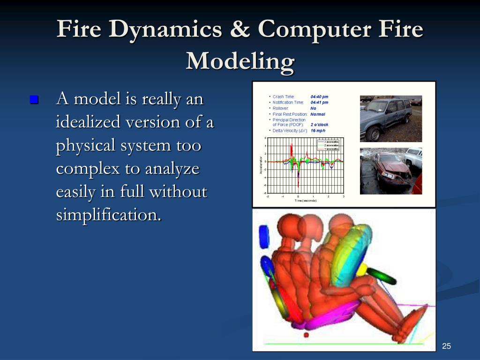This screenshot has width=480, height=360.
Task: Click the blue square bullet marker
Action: pyautogui.click(x=34, y=99)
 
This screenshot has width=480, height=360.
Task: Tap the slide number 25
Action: pyautogui.click(x=446, y=346)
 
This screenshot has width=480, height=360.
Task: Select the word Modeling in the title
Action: pyautogui.click(x=240, y=61)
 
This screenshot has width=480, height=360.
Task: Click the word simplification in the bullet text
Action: pyautogui.click(x=108, y=215)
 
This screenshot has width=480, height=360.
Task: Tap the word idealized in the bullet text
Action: pyautogui.click(x=84, y=122)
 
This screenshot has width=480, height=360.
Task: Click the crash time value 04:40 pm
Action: pyautogui.click(x=319, y=97)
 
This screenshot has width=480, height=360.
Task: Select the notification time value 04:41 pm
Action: pyautogui.click(x=319, y=103)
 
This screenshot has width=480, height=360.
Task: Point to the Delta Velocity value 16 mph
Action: pyautogui.click(x=318, y=131)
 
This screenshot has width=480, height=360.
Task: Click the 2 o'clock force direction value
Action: pyautogui.click(x=319, y=125)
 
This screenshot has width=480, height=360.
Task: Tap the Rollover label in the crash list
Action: pyautogui.click(x=280, y=108)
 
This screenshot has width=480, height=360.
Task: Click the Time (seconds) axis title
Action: pyautogui.click(x=305, y=201)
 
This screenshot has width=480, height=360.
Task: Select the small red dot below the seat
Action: pyautogui.click(x=306, y=335)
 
